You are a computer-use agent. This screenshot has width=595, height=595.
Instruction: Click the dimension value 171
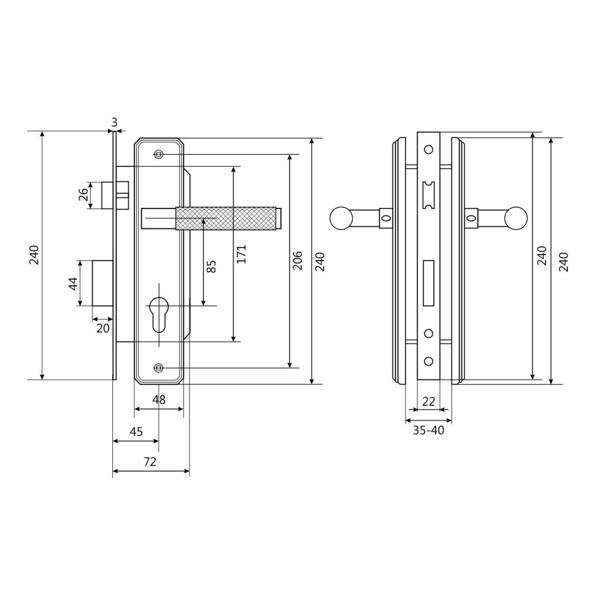click(242, 254)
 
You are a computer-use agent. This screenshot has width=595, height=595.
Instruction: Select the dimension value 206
click(298, 260)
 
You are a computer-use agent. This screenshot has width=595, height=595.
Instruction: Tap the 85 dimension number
click(212, 266)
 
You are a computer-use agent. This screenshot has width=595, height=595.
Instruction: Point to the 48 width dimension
click(159, 399)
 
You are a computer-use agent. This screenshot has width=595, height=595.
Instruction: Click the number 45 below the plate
click(136, 431)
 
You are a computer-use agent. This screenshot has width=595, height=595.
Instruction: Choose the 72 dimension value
click(150, 461)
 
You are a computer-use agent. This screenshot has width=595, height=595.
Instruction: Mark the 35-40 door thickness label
click(428, 431)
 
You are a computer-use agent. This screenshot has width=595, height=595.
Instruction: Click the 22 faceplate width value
click(428, 401)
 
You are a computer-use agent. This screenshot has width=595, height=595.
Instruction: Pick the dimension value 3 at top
click(114, 122)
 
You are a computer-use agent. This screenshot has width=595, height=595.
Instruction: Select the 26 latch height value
click(83, 195)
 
